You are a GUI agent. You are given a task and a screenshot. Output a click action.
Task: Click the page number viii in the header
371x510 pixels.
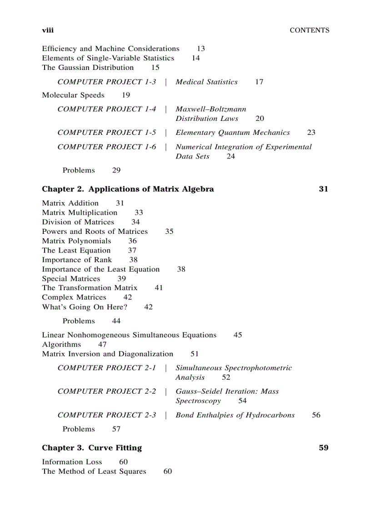click(48, 30)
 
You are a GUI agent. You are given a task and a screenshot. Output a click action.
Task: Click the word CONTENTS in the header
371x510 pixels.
click(309, 30)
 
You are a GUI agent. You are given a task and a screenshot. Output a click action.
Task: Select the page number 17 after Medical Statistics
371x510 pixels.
click(259, 82)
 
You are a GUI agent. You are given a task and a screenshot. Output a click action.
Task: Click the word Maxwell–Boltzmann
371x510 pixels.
click(211, 109)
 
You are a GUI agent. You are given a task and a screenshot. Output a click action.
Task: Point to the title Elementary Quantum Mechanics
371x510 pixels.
click(232, 133)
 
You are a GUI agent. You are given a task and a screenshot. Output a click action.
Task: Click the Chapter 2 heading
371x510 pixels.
click(128, 189)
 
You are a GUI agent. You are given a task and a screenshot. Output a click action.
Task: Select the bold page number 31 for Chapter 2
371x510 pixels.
click(323, 189)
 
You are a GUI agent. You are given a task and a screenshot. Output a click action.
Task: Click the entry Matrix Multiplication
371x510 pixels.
click(80, 213)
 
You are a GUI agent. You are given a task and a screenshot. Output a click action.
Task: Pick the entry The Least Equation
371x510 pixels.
click(76, 250)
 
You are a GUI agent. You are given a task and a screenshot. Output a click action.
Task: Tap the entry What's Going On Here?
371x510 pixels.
click(85, 307)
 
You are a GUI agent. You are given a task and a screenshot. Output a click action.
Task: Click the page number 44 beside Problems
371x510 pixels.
click(116, 321)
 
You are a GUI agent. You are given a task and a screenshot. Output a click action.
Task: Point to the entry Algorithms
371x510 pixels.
click(61, 345)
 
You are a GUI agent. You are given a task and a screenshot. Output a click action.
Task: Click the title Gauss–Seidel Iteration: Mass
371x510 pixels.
click(227, 391)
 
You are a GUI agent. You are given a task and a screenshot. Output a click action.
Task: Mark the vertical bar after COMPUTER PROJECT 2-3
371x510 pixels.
click(165, 415)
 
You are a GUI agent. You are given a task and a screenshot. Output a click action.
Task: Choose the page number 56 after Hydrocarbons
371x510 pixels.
click(316, 415)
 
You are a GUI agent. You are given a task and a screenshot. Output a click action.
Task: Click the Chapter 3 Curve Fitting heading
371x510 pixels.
click(92, 448)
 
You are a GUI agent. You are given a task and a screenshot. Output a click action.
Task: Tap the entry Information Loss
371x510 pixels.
click(72, 462)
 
